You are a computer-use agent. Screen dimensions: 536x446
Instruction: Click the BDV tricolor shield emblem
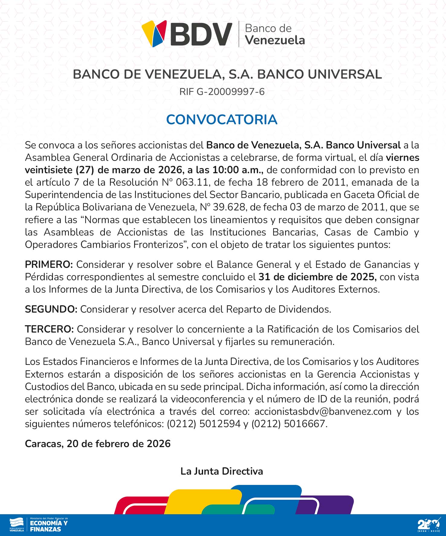[x=154, y=33]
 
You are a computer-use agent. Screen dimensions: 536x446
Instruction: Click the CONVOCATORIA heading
[x=221, y=120]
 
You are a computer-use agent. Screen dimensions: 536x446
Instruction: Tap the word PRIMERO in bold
[x=49, y=265]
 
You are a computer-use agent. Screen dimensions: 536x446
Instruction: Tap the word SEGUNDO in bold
[x=51, y=309]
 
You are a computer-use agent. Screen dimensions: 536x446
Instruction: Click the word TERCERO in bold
[x=49, y=329]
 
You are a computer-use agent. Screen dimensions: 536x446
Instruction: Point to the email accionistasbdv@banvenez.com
[x=323, y=411]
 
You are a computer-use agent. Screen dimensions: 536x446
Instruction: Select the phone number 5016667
[x=304, y=424]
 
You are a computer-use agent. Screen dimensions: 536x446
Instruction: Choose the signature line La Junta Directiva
[x=221, y=471]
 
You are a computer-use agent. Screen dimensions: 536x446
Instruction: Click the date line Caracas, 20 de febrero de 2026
[x=98, y=444]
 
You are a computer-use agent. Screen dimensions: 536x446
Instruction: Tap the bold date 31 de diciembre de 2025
[x=317, y=277]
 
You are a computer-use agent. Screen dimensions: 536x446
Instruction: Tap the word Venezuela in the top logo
[x=275, y=40]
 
